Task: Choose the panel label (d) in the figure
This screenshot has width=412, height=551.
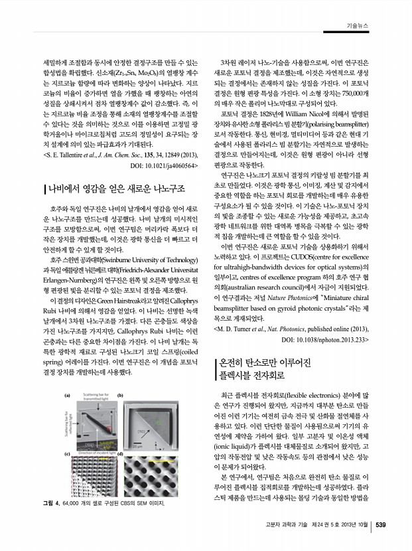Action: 121,453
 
